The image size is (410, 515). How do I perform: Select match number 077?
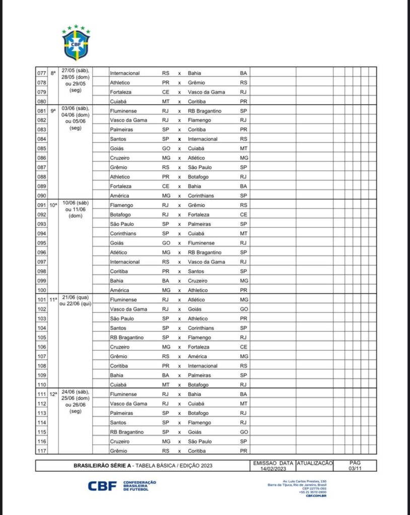(x=42, y=73)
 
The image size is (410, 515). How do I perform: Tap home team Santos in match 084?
(x=118, y=139)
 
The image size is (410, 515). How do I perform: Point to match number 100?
(x=42, y=290)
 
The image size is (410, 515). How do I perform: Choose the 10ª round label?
(x=53, y=205)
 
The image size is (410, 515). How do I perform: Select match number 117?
(x=42, y=451)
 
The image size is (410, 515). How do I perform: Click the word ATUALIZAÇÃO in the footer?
(x=315, y=463)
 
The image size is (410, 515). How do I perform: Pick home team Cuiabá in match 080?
(x=118, y=101)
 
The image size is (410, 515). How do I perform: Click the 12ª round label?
(x=53, y=394)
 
